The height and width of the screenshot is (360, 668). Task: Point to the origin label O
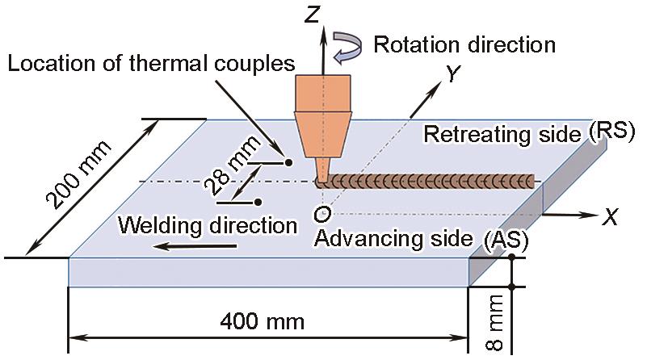click(x=321, y=215)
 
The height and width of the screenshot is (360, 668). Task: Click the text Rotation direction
click(x=464, y=44)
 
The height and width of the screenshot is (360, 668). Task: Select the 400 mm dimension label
click(x=263, y=322)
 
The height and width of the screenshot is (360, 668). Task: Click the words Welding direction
click(x=208, y=224)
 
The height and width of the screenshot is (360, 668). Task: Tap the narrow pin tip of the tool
click(x=322, y=173)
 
